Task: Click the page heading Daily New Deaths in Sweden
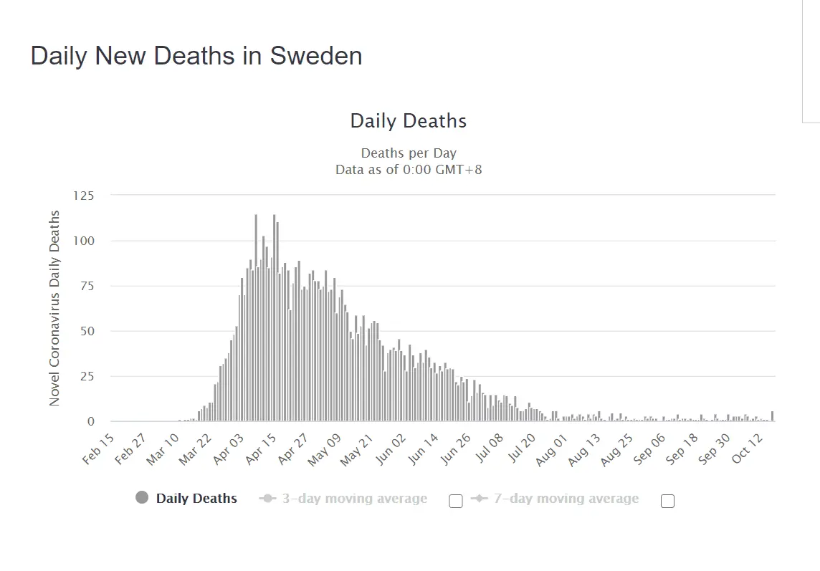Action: (196, 56)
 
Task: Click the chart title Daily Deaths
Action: (408, 121)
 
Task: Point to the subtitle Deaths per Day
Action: (408, 153)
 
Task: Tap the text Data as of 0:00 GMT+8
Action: (408, 170)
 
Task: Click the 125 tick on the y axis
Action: (83, 195)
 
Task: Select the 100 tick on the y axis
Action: (83, 241)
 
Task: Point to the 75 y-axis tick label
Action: (86, 286)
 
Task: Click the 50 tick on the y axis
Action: (86, 331)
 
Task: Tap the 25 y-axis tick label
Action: (86, 376)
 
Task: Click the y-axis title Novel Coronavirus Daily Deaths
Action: (54, 308)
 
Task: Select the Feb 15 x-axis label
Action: (99, 448)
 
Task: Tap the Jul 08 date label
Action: (490, 448)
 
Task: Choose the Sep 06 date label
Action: (650, 448)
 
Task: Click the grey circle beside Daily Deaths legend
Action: (142, 498)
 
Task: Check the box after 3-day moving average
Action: (456, 501)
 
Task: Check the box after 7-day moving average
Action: (667, 501)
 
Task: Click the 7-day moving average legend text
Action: (566, 499)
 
